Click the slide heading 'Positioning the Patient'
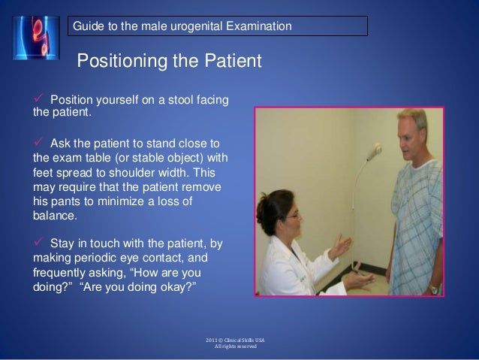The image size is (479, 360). click(169, 59)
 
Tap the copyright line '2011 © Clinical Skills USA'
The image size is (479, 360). click(236, 340)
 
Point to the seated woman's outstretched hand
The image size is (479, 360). click(345, 242)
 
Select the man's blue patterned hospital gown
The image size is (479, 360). click(429, 225)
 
